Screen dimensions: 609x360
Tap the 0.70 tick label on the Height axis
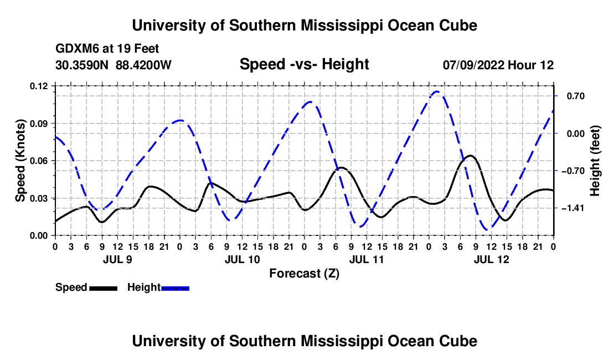tap(576, 96)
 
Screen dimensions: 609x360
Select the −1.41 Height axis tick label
tap(573, 208)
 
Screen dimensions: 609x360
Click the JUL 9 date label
tap(117, 259)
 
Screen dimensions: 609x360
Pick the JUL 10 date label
tap(242, 259)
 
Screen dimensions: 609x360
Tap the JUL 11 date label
tap(367, 259)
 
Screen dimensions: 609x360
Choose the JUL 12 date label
tap(491, 259)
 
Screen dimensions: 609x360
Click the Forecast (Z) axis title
tap(304, 274)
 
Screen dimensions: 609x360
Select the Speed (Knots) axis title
tap(20, 161)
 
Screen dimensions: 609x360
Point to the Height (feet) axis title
tap(595, 161)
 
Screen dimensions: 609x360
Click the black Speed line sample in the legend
tap(103, 288)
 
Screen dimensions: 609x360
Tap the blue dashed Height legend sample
tap(175, 288)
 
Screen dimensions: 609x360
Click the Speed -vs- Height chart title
tap(304, 64)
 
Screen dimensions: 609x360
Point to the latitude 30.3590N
tap(82, 65)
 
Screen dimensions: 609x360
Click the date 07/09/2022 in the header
tap(474, 65)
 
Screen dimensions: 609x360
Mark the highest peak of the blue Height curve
tap(437, 91)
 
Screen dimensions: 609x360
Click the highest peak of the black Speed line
tap(470, 156)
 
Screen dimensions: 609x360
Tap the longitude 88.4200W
tap(143, 65)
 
